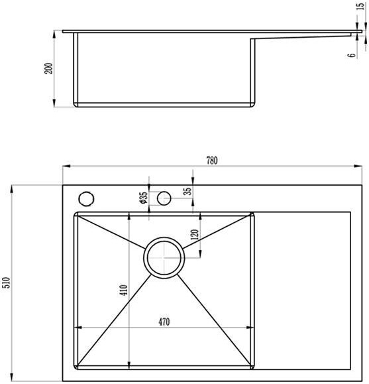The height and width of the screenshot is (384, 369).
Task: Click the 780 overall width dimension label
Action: coord(211,160)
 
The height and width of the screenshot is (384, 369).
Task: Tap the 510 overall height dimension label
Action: coord(7,283)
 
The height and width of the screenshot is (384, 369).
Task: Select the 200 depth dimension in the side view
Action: coord(48,68)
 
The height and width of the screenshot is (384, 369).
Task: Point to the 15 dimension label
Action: coord(360,6)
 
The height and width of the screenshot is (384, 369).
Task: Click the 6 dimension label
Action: coord(351,55)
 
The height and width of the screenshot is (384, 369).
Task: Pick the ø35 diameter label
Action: coord(143,198)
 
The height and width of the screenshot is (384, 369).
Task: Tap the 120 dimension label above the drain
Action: coord(195,235)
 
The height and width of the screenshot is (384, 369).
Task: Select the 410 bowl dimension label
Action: coord(124,290)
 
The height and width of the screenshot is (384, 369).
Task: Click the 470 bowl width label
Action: coord(164,322)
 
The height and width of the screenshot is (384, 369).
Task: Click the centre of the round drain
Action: coord(164,257)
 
